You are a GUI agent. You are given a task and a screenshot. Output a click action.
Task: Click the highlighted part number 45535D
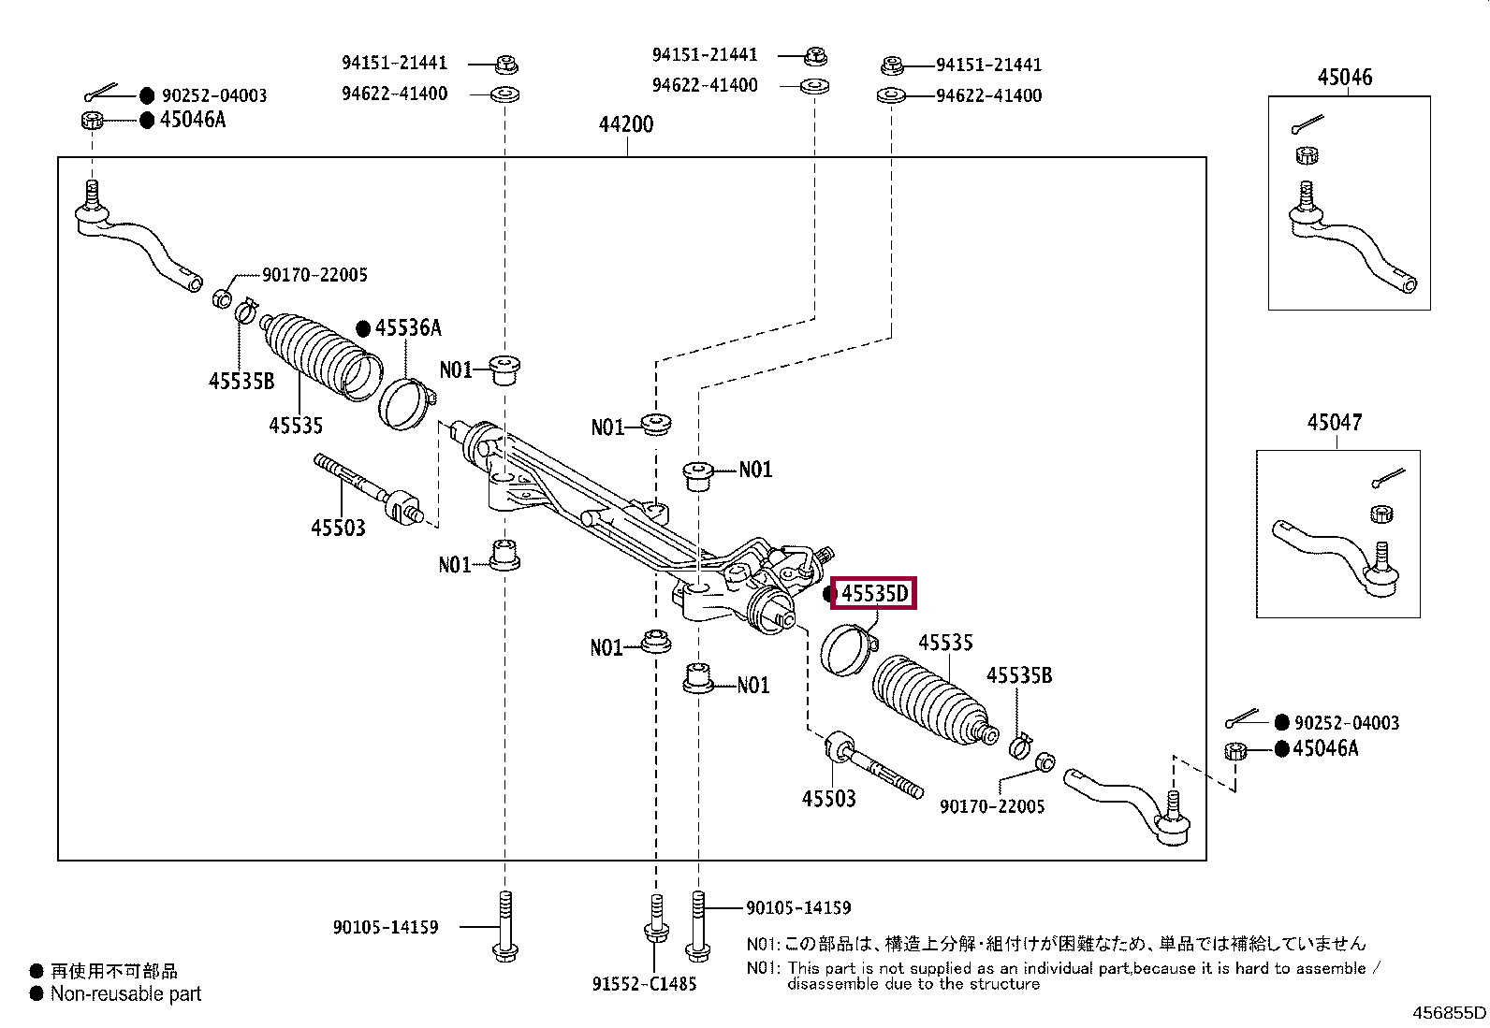tap(874, 593)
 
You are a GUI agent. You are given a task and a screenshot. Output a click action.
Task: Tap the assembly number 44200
tap(626, 124)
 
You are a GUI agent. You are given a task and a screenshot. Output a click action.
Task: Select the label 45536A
tap(408, 327)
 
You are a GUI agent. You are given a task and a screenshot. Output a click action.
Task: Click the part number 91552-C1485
tap(644, 983)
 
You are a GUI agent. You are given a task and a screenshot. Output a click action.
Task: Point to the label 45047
tap(1334, 423)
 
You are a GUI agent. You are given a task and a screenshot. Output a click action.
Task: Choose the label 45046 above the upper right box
tap(1345, 78)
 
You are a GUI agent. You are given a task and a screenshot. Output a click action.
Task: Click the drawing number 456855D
tap(1449, 1012)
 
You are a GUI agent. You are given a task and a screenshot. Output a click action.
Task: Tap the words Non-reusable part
tap(125, 993)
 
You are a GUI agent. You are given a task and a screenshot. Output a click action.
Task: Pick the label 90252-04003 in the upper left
tap(214, 95)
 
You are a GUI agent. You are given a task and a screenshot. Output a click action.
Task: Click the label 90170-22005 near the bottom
tap(992, 806)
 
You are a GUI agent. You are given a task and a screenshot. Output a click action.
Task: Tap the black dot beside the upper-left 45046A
tap(147, 120)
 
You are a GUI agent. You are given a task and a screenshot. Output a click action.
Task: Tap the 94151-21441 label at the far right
tap(988, 65)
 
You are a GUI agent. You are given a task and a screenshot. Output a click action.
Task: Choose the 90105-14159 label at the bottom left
tap(386, 927)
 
